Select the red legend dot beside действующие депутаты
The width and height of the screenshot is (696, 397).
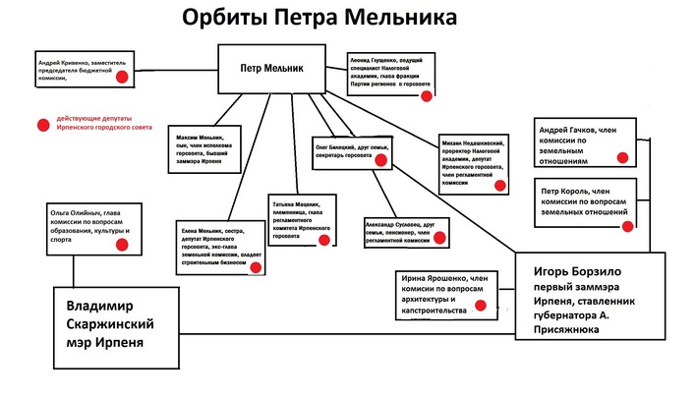coord(41,124)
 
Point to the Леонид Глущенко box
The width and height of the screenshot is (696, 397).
coord(390,73)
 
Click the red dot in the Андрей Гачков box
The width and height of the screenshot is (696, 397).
coord(621,156)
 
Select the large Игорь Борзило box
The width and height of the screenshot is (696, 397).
coord(591,296)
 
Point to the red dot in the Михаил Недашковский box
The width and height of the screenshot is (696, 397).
coord(498,185)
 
